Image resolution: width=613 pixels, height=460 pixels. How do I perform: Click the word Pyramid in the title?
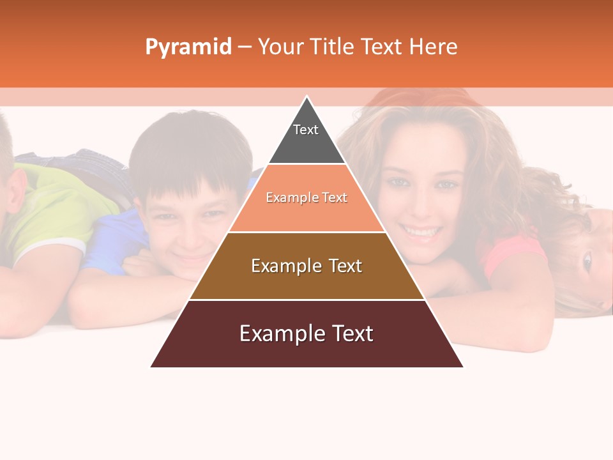tap(188, 47)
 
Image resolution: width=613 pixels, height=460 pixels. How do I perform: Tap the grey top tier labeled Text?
tap(306, 137)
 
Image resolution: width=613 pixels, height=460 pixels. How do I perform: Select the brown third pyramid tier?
tap(306, 281)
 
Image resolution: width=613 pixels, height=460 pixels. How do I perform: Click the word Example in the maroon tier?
tap(275, 333)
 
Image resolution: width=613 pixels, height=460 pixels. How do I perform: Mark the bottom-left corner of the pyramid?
tap(152, 366)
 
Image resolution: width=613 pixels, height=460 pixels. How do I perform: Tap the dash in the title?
tap(245, 47)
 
